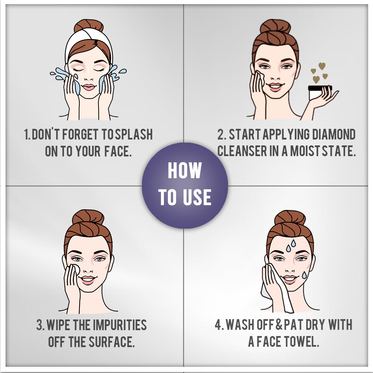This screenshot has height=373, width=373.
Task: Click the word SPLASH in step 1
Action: (x=134, y=134)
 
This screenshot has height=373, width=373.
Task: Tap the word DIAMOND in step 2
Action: (x=334, y=134)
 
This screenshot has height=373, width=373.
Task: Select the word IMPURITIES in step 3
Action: (x=119, y=325)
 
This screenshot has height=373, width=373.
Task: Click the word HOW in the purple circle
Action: (x=184, y=170)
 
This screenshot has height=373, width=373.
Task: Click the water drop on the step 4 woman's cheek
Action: (x=304, y=275)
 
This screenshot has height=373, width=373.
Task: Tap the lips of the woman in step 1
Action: (x=88, y=87)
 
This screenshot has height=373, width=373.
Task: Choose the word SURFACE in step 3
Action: (x=111, y=342)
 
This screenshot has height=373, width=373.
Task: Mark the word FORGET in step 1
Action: (x=80, y=134)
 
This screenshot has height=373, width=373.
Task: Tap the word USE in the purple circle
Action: (x=197, y=197)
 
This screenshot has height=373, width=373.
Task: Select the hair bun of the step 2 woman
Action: (x=275, y=27)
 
